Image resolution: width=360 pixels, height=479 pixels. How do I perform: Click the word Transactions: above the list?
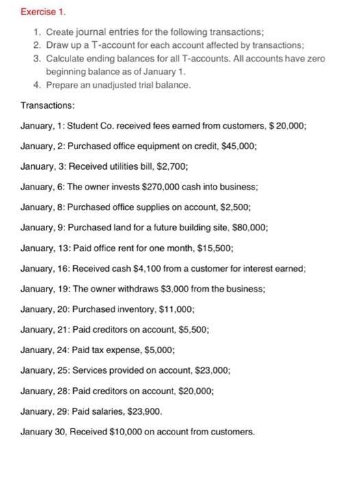point(47,106)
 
